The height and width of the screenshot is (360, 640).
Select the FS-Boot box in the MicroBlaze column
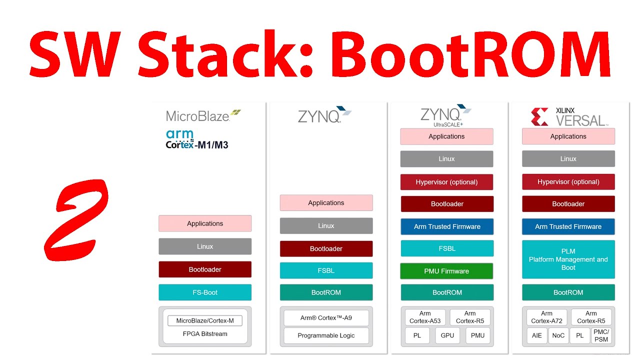pyautogui.click(x=205, y=292)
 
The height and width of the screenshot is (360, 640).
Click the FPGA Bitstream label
pyautogui.click(x=205, y=334)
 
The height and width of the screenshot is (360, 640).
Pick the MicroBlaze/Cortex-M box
pyautogui.click(x=205, y=320)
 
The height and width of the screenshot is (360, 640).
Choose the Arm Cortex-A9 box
pyautogui.click(x=326, y=318)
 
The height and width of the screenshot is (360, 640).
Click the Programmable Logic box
pyautogui.click(x=326, y=335)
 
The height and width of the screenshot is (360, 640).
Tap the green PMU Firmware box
pyautogui.click(x=446, y=271)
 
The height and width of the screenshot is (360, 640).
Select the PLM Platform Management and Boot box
pyautogui.click(x=568, y=259)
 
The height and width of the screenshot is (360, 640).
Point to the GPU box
pyautogui.click(x=447, y=335)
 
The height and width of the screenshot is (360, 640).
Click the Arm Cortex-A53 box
pyautogui.click(x=425, y=317)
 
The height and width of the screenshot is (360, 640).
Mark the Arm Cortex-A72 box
pyautogui.click(x=546, y=317)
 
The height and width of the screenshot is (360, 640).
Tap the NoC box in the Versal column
pyautogui.click(x=558, y=335)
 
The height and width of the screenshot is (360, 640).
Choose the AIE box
pyautogui.click(x=536, y=335)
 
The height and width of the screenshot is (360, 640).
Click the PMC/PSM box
pyautogui.click(x=601, y=335)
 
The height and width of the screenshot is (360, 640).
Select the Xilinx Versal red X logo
pyautogui.click(x=539, y=116)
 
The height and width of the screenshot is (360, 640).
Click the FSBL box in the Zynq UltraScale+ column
pyautogui.click(x=447, y=248)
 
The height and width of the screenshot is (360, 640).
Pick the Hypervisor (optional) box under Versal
pyautogui.click(x=568, y=182)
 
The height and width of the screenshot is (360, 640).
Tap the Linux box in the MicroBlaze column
pyautogui.click(x=205, y=246)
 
